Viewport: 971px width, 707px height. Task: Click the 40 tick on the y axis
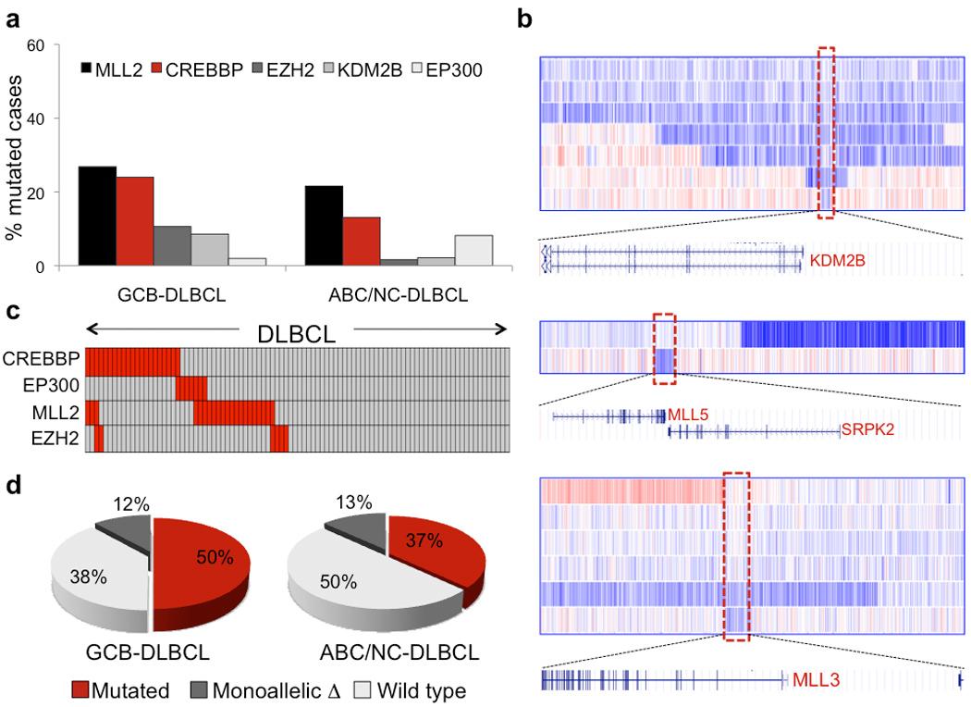pyautogui.click(x=34, y=118)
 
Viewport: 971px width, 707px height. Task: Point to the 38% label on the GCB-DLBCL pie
pyautogui.click(x=88, y=577)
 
